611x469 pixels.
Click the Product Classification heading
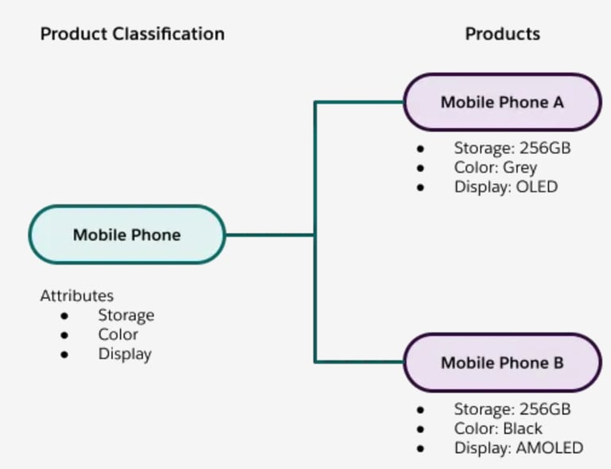tap(132, 34)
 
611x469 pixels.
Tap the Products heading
tap(502, 34)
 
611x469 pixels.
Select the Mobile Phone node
tap(126, 235)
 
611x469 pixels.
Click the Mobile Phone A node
tap(502, 103)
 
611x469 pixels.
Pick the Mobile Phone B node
tap(502, 362)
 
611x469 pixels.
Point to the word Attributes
tap(77, 296)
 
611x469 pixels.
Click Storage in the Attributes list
tap(126, 316)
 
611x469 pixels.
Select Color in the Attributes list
tap(118, 335)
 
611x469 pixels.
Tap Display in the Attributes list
tap(125, 354)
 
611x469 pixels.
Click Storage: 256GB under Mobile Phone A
tap(512, 148)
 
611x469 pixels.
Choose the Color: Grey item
tap(496, 168)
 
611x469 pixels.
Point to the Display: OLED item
tap(506, 188)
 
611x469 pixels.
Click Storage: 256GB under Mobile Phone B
tap(512, 409)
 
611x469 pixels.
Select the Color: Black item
tap(498, 428)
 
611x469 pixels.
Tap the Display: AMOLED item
tap(518, 448)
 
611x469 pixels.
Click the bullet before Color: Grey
tap(420, 169)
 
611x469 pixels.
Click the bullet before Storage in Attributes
tap(64, 316)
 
